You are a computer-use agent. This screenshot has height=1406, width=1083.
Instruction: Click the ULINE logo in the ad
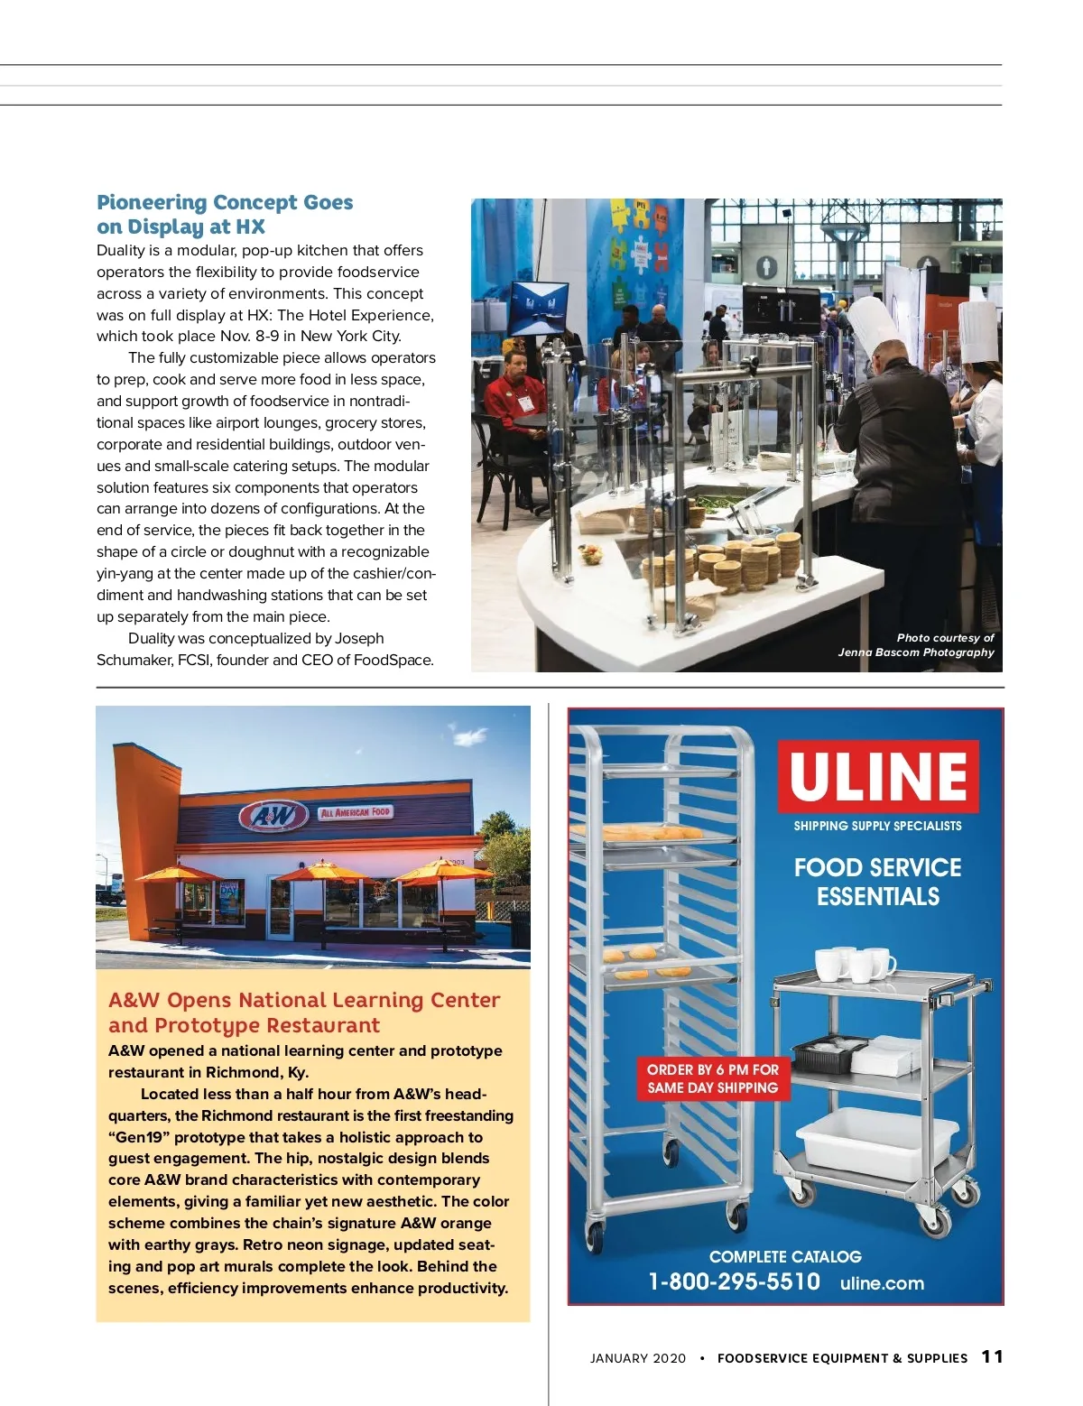click(x=878, y=775)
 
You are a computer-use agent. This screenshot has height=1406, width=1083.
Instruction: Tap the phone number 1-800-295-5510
click(x=734, y=1281)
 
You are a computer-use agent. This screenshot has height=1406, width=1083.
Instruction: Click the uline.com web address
click(x=882, y=1283)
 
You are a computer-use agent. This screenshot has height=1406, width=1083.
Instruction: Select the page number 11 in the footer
click(x=992, y=1356)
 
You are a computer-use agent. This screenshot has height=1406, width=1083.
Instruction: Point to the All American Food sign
click(x=356, y=812)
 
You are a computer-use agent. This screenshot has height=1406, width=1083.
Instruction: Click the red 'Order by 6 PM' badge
click(x=712, y=1078)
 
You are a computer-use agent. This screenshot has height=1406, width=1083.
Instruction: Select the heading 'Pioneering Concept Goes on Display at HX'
click(x=225, y=214)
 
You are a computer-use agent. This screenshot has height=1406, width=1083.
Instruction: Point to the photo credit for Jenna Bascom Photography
click(x=916, y=645)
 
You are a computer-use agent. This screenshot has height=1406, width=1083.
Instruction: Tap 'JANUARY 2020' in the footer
click(x=637, y=1358)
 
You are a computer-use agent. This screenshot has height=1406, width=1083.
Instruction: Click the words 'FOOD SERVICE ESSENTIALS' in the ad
click(x=877, y=882)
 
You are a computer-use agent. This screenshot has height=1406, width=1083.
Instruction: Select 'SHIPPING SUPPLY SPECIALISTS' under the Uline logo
click(x=877, y=826)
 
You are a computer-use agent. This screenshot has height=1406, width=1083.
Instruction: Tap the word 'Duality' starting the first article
click(x=122, y=250)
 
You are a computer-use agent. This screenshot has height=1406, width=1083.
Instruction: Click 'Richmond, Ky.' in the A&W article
click(x=257, y=1072)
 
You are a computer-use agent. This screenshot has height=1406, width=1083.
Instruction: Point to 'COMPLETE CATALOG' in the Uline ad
click(x=785, y=1256)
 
